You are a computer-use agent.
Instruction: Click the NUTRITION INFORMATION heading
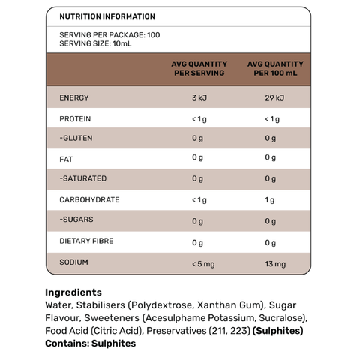107,16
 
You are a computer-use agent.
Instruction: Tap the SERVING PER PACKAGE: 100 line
109,34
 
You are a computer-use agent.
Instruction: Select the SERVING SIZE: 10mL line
91,43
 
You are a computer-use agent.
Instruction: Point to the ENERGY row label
73,98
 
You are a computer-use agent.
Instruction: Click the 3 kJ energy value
198,98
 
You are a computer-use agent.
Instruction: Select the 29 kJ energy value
275,98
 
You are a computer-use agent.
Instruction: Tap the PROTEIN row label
75,118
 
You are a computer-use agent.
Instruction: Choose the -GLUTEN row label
76,138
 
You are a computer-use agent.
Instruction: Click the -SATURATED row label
82,178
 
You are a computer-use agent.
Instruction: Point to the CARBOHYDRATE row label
89,199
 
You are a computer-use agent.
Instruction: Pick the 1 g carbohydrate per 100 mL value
270,199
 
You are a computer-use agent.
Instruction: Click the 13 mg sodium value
275,264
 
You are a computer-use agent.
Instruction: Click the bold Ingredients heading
73,292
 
